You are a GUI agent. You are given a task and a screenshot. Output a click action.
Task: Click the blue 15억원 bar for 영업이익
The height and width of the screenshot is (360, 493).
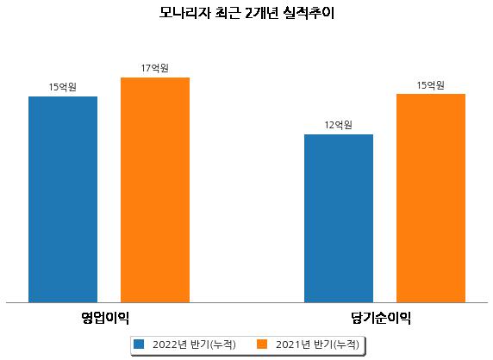(63, 200)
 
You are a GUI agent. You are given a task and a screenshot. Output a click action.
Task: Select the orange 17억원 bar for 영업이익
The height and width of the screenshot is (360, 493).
(155, 190)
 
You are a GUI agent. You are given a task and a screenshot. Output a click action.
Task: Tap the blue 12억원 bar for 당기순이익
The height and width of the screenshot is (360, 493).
(339, 219)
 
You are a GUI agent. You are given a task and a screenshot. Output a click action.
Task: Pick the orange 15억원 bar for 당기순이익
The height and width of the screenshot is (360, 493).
(431, 198)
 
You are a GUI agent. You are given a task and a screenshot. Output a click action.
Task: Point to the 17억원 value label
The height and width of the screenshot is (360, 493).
(154, 68)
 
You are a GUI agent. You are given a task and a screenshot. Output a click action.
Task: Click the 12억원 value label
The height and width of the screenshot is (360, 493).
(339, 125)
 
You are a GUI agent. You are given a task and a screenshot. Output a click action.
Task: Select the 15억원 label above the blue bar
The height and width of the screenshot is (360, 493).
(63, 87)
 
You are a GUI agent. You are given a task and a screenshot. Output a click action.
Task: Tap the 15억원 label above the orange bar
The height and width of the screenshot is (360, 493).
(430, 85)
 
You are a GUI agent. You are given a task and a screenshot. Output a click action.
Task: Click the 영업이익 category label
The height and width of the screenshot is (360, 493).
(105, 318)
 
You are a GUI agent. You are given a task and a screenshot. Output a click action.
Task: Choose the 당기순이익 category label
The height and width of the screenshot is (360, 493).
(381, 318)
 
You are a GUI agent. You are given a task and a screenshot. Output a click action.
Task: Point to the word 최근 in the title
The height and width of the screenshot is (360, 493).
(228, 13)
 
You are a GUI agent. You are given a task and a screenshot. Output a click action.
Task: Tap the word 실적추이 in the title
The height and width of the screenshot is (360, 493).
(309, 13)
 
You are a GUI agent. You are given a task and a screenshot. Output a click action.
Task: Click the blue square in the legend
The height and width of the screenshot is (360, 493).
(139, 344)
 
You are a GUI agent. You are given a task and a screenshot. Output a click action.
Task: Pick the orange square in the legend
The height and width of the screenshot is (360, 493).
(262, 344)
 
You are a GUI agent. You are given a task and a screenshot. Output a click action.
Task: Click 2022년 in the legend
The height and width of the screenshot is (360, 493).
(170, 344)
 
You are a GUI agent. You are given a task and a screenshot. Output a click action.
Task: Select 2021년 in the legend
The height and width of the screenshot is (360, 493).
(293, 344)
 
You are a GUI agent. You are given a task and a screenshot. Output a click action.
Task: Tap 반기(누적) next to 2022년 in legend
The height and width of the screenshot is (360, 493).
(213, 344)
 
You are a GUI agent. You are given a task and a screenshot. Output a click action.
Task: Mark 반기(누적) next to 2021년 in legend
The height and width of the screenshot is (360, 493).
(336, 344)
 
